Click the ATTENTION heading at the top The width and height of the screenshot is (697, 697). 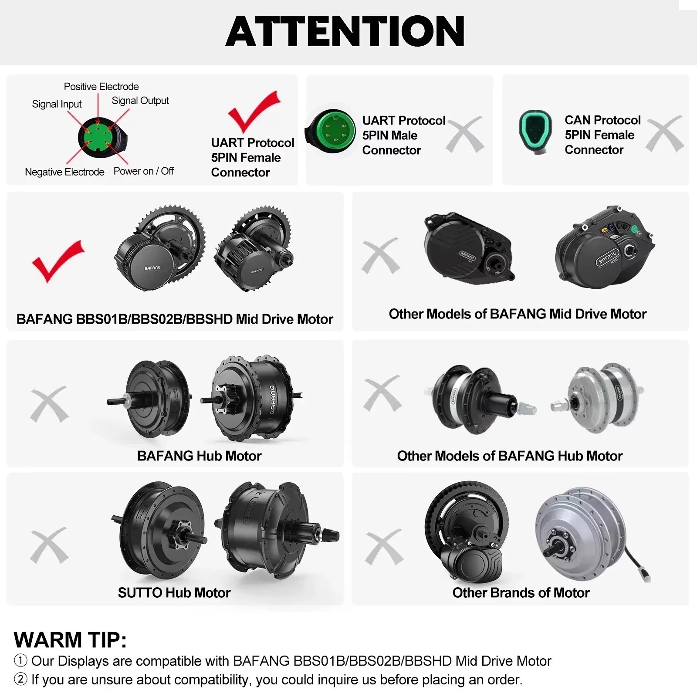click(345, 31)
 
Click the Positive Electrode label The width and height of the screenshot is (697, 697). click(101, 86)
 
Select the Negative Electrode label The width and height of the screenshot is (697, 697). click(64, 172)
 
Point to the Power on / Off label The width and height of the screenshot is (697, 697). click(143, 171)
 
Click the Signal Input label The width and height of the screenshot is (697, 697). click(57, 104)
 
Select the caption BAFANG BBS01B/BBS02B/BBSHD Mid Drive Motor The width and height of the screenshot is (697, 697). click(175, 319)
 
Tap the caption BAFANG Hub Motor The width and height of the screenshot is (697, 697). click(199, 456)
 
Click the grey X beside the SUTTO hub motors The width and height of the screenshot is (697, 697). click(49, 545)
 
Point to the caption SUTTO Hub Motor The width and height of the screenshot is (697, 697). click(174, 592)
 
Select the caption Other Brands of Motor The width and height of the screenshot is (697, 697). click(521, 592)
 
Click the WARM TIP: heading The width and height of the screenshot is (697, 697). click(70, 640)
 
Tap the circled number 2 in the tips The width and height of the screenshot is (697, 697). click(20, 679)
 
